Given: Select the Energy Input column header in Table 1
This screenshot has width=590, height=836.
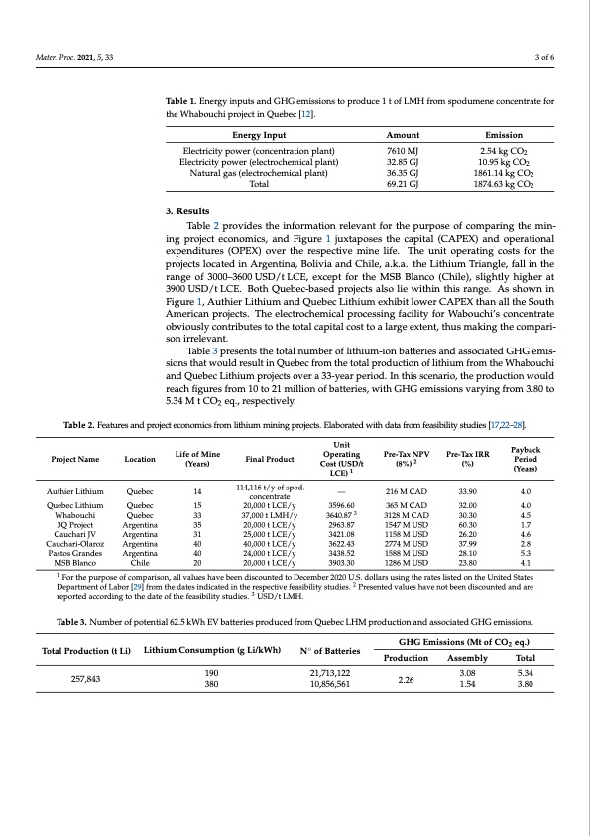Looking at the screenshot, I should tap(259, 134).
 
